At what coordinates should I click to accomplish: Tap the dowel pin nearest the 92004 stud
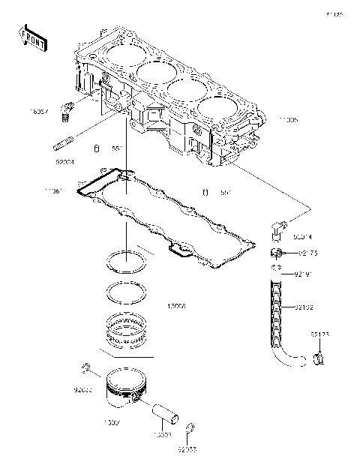(96, 147)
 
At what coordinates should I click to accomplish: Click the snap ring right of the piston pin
(190, 429)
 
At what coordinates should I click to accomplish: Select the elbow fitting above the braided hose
(276, 226)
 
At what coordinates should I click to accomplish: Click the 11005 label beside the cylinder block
(288, 119)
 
